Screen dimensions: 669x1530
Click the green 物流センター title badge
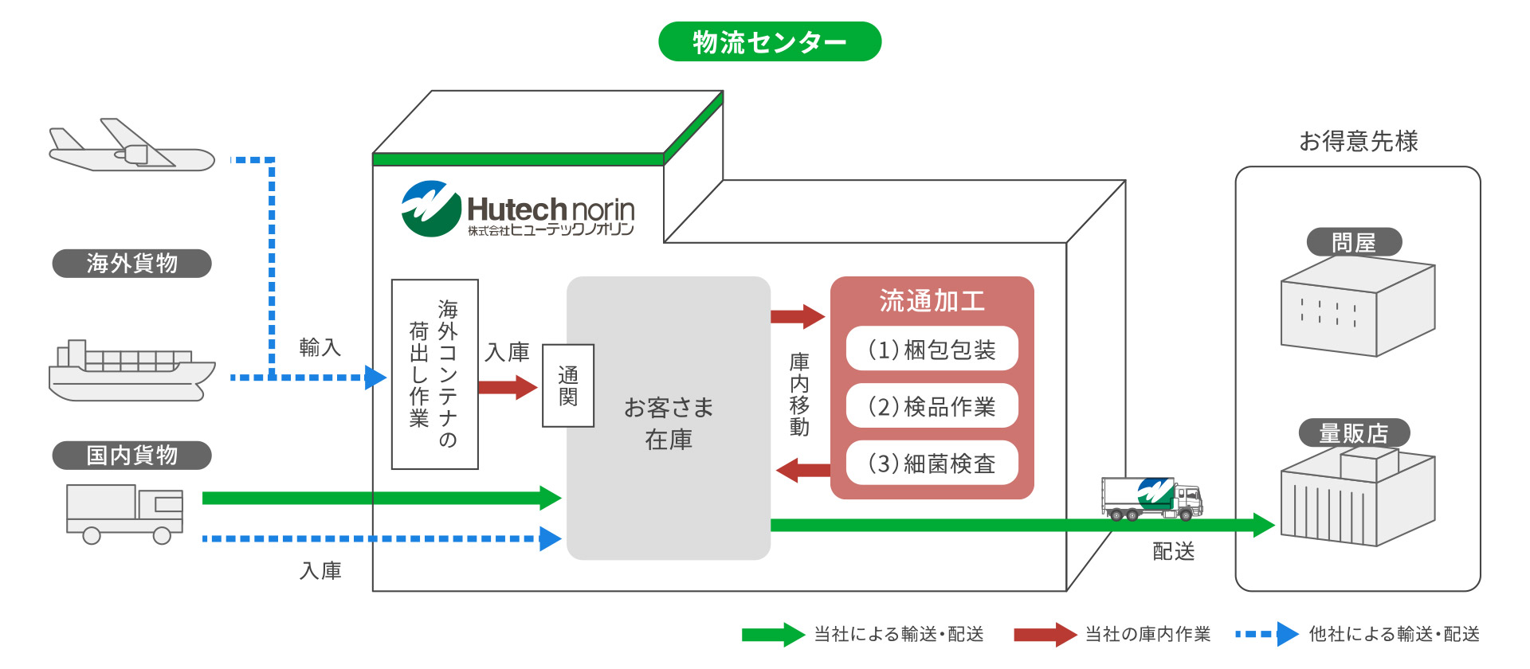click(769, 41)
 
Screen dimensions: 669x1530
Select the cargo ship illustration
click(131, 371)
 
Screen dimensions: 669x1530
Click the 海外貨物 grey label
click(131, 264)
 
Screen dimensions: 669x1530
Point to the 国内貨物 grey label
click(131, 456)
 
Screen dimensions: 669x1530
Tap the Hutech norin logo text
click(550, 211)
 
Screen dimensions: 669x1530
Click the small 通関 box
click(568, 385)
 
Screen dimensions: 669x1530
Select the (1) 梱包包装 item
click(932, 349)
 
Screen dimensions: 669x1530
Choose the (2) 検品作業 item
click(932, 406)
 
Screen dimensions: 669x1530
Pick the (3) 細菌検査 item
click(932, 463)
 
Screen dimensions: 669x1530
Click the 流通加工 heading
click(932, 301)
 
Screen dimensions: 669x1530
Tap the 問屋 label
click(1354, 242)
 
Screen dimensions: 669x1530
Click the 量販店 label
click(1354, 433)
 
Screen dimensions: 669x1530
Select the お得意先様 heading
click(1358, 141)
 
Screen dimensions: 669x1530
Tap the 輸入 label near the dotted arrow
click(320, 347)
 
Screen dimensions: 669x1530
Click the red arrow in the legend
click(1045, 634)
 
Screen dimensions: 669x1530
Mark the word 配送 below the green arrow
click(1173, 551)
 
